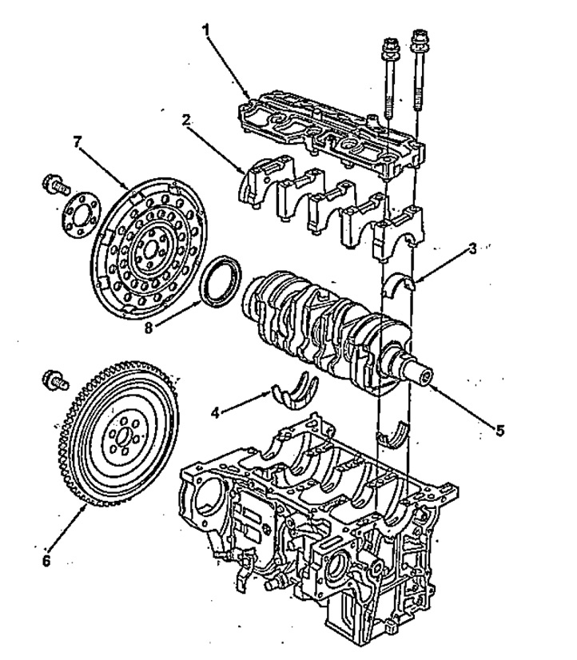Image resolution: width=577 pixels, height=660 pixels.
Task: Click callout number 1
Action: [x=205, y=30]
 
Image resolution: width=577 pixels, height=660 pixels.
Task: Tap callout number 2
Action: [x=186, y=120]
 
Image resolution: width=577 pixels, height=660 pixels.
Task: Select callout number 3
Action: [x=473, y=248]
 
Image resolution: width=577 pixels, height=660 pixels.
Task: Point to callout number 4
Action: [x=215, y=413]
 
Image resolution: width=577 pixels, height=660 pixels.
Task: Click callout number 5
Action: [x=499, y=430]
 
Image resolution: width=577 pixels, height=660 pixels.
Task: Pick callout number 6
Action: [x=46, y=561]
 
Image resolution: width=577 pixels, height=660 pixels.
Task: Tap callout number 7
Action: [x=76, y=142]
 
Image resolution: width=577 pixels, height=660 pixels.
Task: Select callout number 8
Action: [x=149, y=328]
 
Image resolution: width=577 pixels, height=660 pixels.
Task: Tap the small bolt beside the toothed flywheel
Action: [x=54, y=380]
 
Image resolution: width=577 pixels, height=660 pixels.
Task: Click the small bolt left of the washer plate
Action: [x=54, y=185]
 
